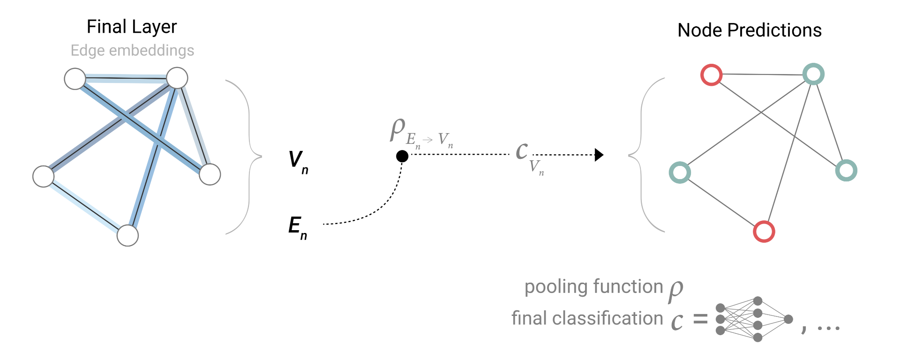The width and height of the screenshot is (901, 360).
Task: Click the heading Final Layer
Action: coord(132,27)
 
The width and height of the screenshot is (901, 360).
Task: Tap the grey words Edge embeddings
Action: coord(132,50)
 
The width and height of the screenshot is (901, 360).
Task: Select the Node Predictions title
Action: coord(749,30)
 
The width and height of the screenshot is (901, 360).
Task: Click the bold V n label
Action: coord(297,161)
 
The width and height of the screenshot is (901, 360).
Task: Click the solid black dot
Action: coord(402,156)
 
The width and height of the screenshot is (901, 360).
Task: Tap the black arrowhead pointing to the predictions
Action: coord(599,155)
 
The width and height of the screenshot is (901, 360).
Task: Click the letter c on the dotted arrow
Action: coord(521,150)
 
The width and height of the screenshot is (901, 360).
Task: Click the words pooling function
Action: coord(593,286)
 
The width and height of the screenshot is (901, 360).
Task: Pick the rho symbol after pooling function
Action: coord(676,290)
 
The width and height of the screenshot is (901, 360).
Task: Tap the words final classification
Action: coord(587,318)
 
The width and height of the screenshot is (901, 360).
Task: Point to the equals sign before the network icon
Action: coord(700,320)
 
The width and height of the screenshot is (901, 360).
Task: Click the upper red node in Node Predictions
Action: coord(711,75)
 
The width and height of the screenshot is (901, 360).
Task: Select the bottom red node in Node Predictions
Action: coord(764,231)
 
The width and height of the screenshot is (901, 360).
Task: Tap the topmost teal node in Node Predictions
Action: coord(813,74)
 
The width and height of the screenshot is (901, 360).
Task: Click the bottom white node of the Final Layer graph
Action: coord(128,235)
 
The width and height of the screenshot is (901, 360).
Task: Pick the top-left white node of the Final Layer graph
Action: coord(75,78)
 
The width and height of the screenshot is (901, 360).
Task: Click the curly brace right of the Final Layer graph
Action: coord(246,156)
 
